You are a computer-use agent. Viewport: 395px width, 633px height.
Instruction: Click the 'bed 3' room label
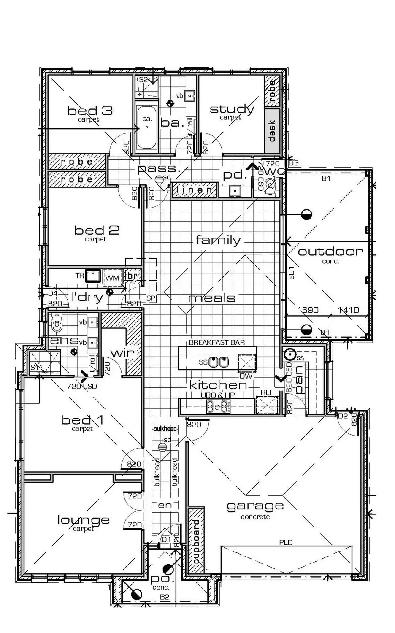coord(90,111)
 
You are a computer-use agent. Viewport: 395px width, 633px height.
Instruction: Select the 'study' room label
coord(232,109)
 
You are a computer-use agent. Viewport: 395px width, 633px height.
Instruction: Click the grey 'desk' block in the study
coord(272,131)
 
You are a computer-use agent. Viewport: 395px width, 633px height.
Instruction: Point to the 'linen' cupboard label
coord(195,190)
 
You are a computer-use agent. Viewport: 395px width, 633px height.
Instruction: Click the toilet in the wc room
coord(271,185)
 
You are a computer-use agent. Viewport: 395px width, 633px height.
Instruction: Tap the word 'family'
coord(218,241)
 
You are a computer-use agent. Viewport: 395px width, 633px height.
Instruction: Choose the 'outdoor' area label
coord(330,252)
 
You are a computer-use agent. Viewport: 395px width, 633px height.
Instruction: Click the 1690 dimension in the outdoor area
coord(308,310)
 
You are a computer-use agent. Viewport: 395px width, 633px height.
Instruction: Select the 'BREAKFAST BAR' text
coord(217,342)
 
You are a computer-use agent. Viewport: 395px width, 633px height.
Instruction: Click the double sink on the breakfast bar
coord(219,362)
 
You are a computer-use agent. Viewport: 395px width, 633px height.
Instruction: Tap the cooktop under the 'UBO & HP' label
coord(218,407)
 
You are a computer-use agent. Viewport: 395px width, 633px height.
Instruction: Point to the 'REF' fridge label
coord(267,392)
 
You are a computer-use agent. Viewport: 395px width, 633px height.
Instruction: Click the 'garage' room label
coord(255,505)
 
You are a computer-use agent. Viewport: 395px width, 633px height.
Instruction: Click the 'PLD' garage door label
coord(286,542)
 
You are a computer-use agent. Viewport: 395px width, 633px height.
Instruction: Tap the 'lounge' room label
coord(84,520)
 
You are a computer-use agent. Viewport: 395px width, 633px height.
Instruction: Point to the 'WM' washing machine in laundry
coord(112,277)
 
